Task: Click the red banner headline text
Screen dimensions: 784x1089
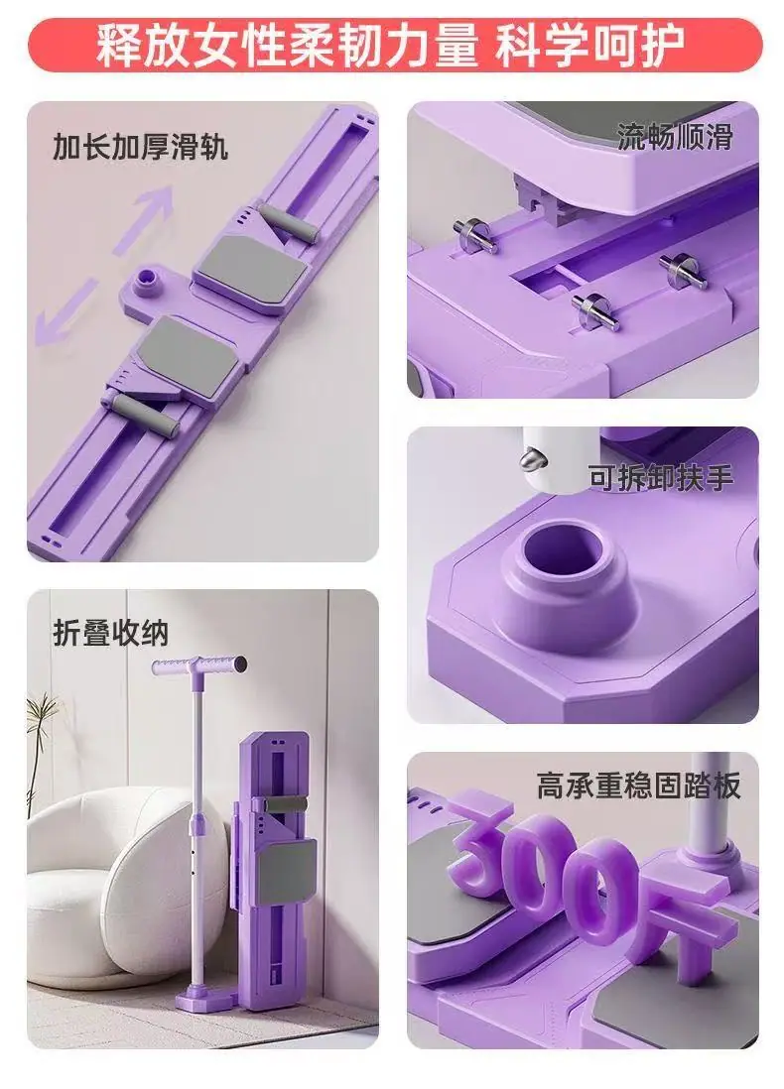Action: pyautogui.click(x=391, y=46)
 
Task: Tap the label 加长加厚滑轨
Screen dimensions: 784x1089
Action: pyautogui.click(x=141, y=147)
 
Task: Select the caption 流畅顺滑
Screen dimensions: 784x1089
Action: pyautogui.click(x=675, y=137)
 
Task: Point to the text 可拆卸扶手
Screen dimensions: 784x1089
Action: pyautogui.click(x=660, y=477)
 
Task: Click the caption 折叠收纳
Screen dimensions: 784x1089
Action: pyautogui.click(x=111, y=633)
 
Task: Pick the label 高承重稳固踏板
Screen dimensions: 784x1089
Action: pyautogui.click(x=638, y=786)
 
